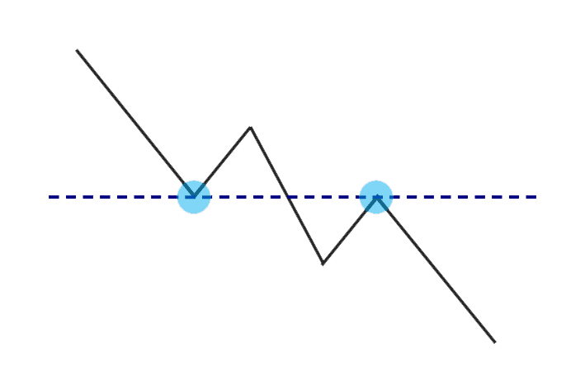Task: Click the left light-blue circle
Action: [195, 197]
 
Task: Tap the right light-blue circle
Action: [376, 197]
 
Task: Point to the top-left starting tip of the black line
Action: [78, 50]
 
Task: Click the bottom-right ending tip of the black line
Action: [494, 341]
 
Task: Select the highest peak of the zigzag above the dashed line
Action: [250, 128]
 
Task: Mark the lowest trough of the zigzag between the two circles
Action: [323, 264]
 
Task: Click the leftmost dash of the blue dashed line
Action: [53, 197]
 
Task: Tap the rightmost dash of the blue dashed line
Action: [532, 197]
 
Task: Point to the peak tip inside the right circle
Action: [376, 196]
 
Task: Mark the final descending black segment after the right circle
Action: [437, 270]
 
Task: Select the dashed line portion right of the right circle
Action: [462, 197]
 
